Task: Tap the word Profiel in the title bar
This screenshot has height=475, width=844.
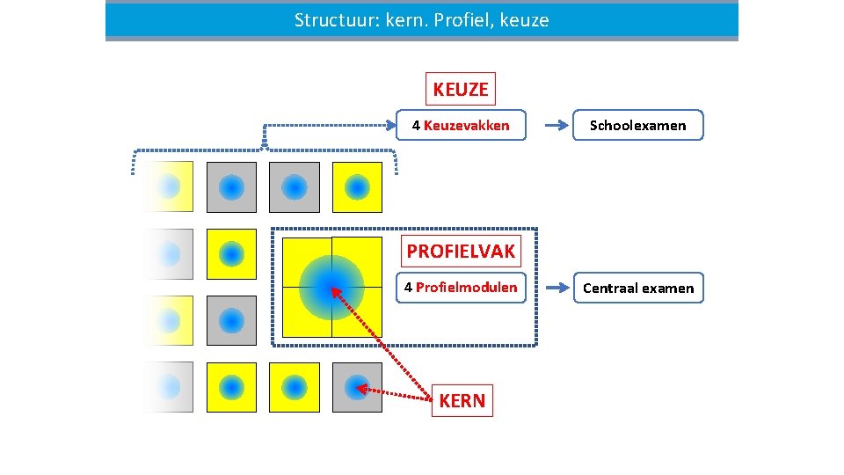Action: tap(463, 20)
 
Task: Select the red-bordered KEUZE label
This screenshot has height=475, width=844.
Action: tap(460, 89)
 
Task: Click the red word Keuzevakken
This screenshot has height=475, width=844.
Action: tap(466, 126)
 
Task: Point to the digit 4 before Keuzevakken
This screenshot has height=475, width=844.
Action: tap(416, 126)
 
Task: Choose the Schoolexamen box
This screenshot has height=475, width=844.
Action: tap(638, 126)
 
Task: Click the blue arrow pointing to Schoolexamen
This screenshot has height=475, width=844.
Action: tap(556, 126)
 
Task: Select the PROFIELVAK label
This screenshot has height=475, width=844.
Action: tap(461, 252)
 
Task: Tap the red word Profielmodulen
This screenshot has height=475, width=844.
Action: tap(466, 288)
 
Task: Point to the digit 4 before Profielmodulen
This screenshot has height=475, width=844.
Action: tap(408, 288)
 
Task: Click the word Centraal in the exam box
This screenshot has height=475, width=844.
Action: tap(610, 289)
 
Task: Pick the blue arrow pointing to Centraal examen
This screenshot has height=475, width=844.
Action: tap(556, 288)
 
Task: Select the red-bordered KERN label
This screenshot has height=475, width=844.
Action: tap(462, 401)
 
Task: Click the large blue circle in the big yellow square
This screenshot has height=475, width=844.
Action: tap(331, 287)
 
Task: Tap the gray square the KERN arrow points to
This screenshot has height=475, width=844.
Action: tap(357, 387)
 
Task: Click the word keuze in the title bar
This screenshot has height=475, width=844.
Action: tap(524, 20)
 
